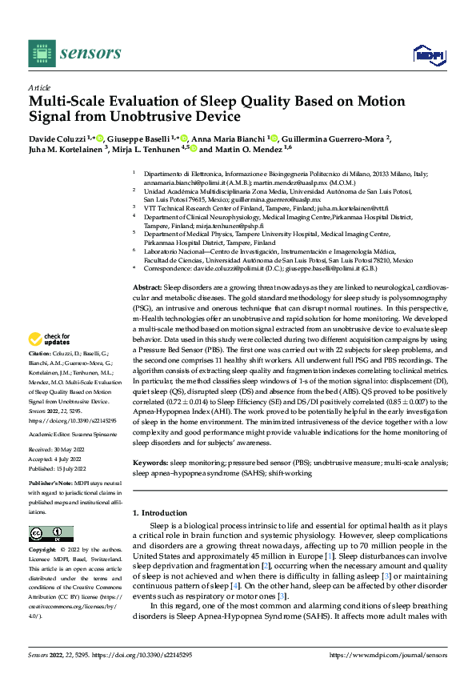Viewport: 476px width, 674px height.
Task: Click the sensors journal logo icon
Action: (38, 52)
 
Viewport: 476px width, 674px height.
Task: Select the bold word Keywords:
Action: (150, 462)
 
